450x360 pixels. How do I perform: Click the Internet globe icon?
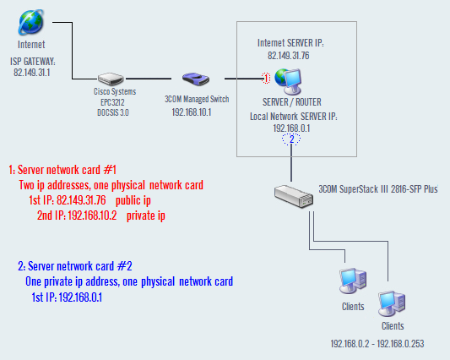click(x=31, y=22)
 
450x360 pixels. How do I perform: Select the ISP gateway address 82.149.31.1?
click(x=32, y=73)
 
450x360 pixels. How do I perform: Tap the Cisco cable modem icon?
click(x=111, y=79)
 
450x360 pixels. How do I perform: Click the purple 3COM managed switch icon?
click(x=196, y=79)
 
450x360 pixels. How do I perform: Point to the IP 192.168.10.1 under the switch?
click(x=192, y=112)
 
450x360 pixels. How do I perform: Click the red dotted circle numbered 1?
click(x=266, y=78)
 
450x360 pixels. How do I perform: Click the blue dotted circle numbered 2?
click(x=291, y=139)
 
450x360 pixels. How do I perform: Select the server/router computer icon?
click(x=288, y=82)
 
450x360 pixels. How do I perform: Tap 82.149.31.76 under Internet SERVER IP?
click(x=289, y=56)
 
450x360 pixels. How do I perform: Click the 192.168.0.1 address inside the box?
click(x=291, y=128)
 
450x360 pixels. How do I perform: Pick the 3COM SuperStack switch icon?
click(x=294, y=196)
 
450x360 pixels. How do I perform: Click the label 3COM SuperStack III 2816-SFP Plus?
click(x=378, y=189)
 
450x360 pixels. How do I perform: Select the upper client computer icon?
click(x=353, y=281)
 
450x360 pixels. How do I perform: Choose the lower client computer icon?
click(x=392, y=303)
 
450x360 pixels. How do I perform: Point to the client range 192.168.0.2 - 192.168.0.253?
click(x=377, y=344)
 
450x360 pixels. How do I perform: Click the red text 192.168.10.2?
click(x=92, y=215)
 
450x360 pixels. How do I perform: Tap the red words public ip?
click(x=133, y=200)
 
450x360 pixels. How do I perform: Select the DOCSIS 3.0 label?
click(x=113, y=112)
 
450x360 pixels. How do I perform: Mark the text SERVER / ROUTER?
click(x=292, y=102)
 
